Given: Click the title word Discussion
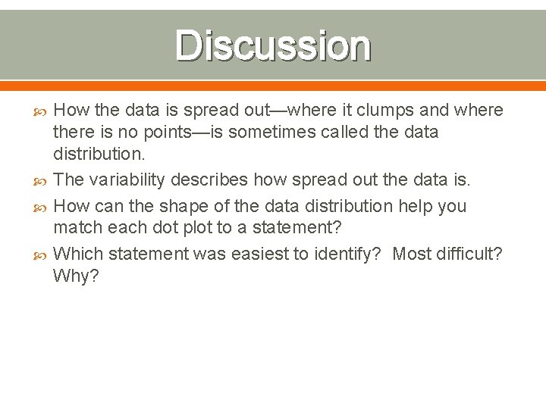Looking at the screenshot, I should [273, 45].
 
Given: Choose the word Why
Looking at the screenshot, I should [75, 276].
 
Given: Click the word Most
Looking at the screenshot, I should [411, 253].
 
